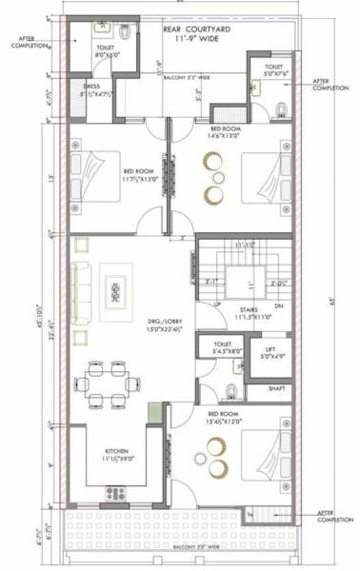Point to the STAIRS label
click(x=250, y=310)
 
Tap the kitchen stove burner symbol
click(x=115, y=493)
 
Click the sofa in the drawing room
click(x=81, y=289)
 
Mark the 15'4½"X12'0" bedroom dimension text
click(x=227, y=421)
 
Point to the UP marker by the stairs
click(x=217, y=304)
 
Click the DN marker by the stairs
click(x=278, y=305)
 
